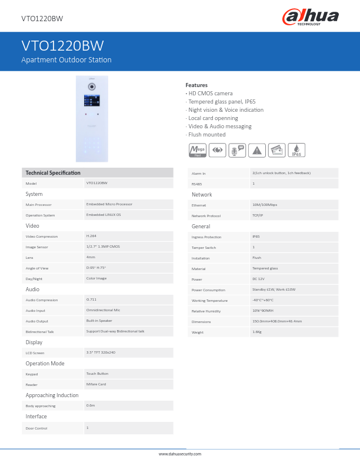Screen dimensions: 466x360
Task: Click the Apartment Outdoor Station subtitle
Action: [66, 60]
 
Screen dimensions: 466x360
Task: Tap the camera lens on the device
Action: [92, 86]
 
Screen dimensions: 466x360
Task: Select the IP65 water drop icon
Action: [297, 151]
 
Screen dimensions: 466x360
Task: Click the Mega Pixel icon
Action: [197, 151]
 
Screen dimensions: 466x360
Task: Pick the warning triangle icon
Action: [256, 151]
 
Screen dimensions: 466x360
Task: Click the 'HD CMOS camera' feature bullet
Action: [210, 94]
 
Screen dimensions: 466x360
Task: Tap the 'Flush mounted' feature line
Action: [206, 135]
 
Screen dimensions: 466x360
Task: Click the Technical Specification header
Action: [53, 172]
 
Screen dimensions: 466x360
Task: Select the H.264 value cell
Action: [92, 235]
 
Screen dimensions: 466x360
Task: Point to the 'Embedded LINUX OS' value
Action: [104, 215]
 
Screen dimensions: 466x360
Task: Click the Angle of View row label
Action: [37, 268]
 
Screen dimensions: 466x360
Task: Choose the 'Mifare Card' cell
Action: [96, 384]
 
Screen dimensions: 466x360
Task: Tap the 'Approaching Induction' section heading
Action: [52, 395]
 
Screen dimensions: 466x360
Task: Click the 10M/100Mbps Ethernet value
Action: [265, 205]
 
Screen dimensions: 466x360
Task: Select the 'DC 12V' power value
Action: [259, 279]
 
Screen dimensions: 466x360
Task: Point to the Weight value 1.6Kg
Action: [258, 332]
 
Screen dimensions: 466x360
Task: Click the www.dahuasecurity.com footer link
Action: [180, 454]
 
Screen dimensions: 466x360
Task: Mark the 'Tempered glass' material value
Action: [265, 268]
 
